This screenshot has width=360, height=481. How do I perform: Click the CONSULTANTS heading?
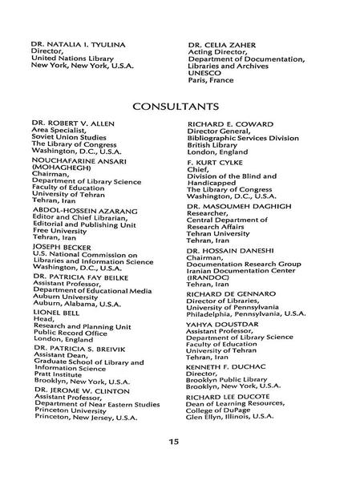tap(180, 105)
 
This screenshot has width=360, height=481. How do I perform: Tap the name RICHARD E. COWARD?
tap(230, 124)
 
